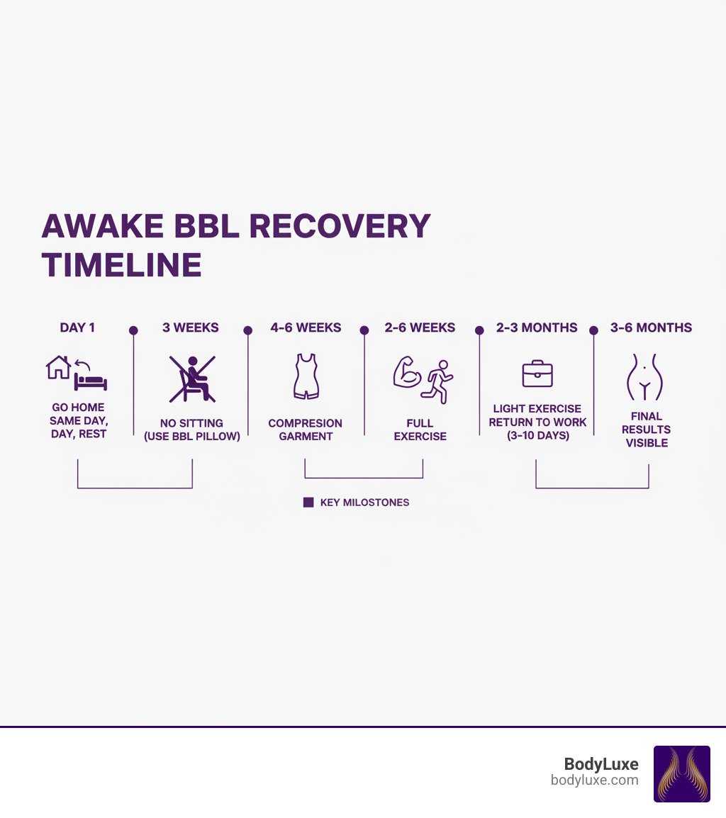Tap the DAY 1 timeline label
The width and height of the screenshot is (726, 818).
click(77, 327)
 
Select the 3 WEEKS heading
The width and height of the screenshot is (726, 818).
click(191, 327)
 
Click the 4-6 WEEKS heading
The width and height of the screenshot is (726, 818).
click(306, 327)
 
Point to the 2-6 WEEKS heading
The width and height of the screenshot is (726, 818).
click(420, 327)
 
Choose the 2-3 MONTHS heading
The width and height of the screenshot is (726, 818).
click(537, 327)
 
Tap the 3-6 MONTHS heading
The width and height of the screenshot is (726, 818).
click(651, 327)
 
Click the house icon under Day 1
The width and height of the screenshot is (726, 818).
click(58, 367)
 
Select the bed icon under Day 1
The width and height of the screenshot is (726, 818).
click(91, 382)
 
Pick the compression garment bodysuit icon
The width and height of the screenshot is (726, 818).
click(306, 376)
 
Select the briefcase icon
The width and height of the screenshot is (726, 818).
click(537, 374)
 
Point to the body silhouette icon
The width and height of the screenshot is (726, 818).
click(644, 377)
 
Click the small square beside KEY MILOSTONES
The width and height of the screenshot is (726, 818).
click(308, 502)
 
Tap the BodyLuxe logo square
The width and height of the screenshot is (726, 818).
click(681, 773)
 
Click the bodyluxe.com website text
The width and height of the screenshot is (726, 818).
click(594, 780)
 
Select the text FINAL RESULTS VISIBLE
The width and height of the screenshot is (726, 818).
click(646, 430)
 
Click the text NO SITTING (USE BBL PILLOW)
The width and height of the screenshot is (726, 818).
click(191, 430)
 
